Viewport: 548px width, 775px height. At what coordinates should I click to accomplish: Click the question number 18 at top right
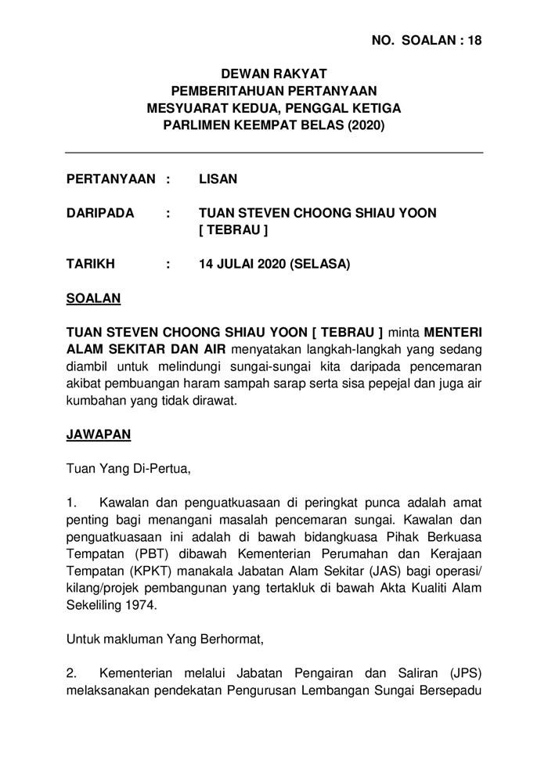[474, 41]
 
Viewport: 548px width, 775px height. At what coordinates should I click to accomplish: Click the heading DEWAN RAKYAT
[273, 74]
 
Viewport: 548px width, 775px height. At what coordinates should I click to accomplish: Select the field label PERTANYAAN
[113, 179]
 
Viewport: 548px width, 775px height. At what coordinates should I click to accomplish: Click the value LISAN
[218, 179]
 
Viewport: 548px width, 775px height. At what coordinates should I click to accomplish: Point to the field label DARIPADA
[100, 213]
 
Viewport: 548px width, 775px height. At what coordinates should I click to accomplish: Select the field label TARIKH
[91, 264]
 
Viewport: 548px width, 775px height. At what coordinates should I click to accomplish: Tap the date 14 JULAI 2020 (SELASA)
[275, 264]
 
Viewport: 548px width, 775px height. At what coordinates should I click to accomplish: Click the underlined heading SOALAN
[94, 298]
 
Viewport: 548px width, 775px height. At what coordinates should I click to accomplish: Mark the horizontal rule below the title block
[273, 153]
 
